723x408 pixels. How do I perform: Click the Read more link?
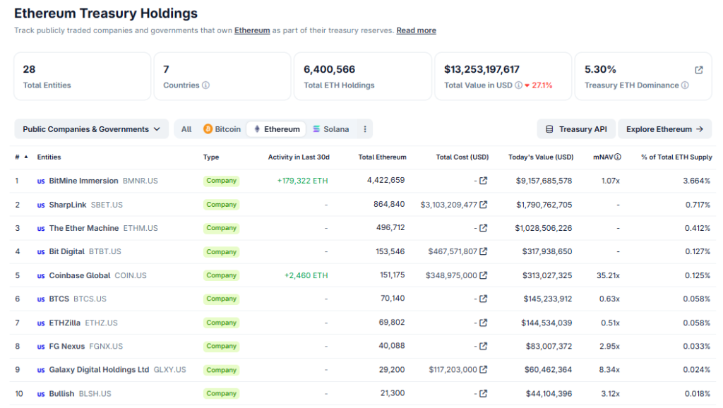click(x=416, y=30)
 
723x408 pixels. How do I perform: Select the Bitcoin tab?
click(x=222, y=129)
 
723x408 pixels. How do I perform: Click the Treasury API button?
click(x=575, y=129)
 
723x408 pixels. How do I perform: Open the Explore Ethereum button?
click(x=664, y=129)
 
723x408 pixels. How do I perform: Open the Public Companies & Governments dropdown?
click(x=91, y=129)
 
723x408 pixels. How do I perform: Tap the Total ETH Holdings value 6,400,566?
click(x=329, y=69)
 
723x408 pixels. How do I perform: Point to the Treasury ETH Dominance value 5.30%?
click(x=600, y=69)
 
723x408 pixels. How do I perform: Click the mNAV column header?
click(x=607, y=157)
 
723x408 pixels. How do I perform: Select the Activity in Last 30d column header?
click(x=299, y=157)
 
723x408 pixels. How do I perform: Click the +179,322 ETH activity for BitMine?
click(x=302, y=181)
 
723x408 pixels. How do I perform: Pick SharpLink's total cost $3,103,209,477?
click(x=448, y=205)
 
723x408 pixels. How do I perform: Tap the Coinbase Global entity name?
click(x=80, y=275)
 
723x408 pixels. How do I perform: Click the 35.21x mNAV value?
click(x=608, y=275)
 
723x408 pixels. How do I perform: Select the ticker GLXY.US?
click(x=169, y=370)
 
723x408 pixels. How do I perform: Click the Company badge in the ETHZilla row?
click(x=221, y=323)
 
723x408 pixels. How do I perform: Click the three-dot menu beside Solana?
click(x=364, y=129)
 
